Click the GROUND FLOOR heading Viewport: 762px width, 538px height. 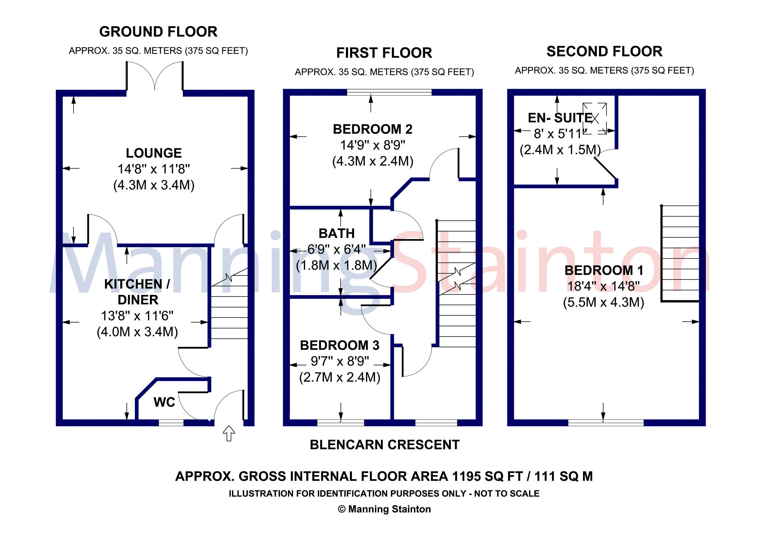tap(158, 32)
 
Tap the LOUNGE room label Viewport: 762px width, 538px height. tap(154, 153)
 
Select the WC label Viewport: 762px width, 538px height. tap(164, 402)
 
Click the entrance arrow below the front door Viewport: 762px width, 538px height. tap(229, 434)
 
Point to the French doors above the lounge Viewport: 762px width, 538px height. tap(155, 76)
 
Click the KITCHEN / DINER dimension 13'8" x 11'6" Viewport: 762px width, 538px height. tap(137, 316)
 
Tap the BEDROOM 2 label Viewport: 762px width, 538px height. tap(373, 129)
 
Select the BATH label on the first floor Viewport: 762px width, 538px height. tap(337, 234)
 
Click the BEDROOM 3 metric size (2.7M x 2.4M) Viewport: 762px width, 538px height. tap(339, 377)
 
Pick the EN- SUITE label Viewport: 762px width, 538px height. tap(560, 118)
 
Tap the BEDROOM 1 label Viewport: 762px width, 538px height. tap(604, 270)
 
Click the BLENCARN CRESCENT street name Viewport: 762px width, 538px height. tap(385, 445)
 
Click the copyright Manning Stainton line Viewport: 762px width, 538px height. tap(384, 509)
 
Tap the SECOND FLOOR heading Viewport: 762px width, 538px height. tap(604, 51)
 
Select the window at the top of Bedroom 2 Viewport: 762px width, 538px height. tap(389, 92)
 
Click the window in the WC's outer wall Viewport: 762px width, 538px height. tap(171, 423)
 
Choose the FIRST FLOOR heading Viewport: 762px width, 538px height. tap(384, 53)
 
